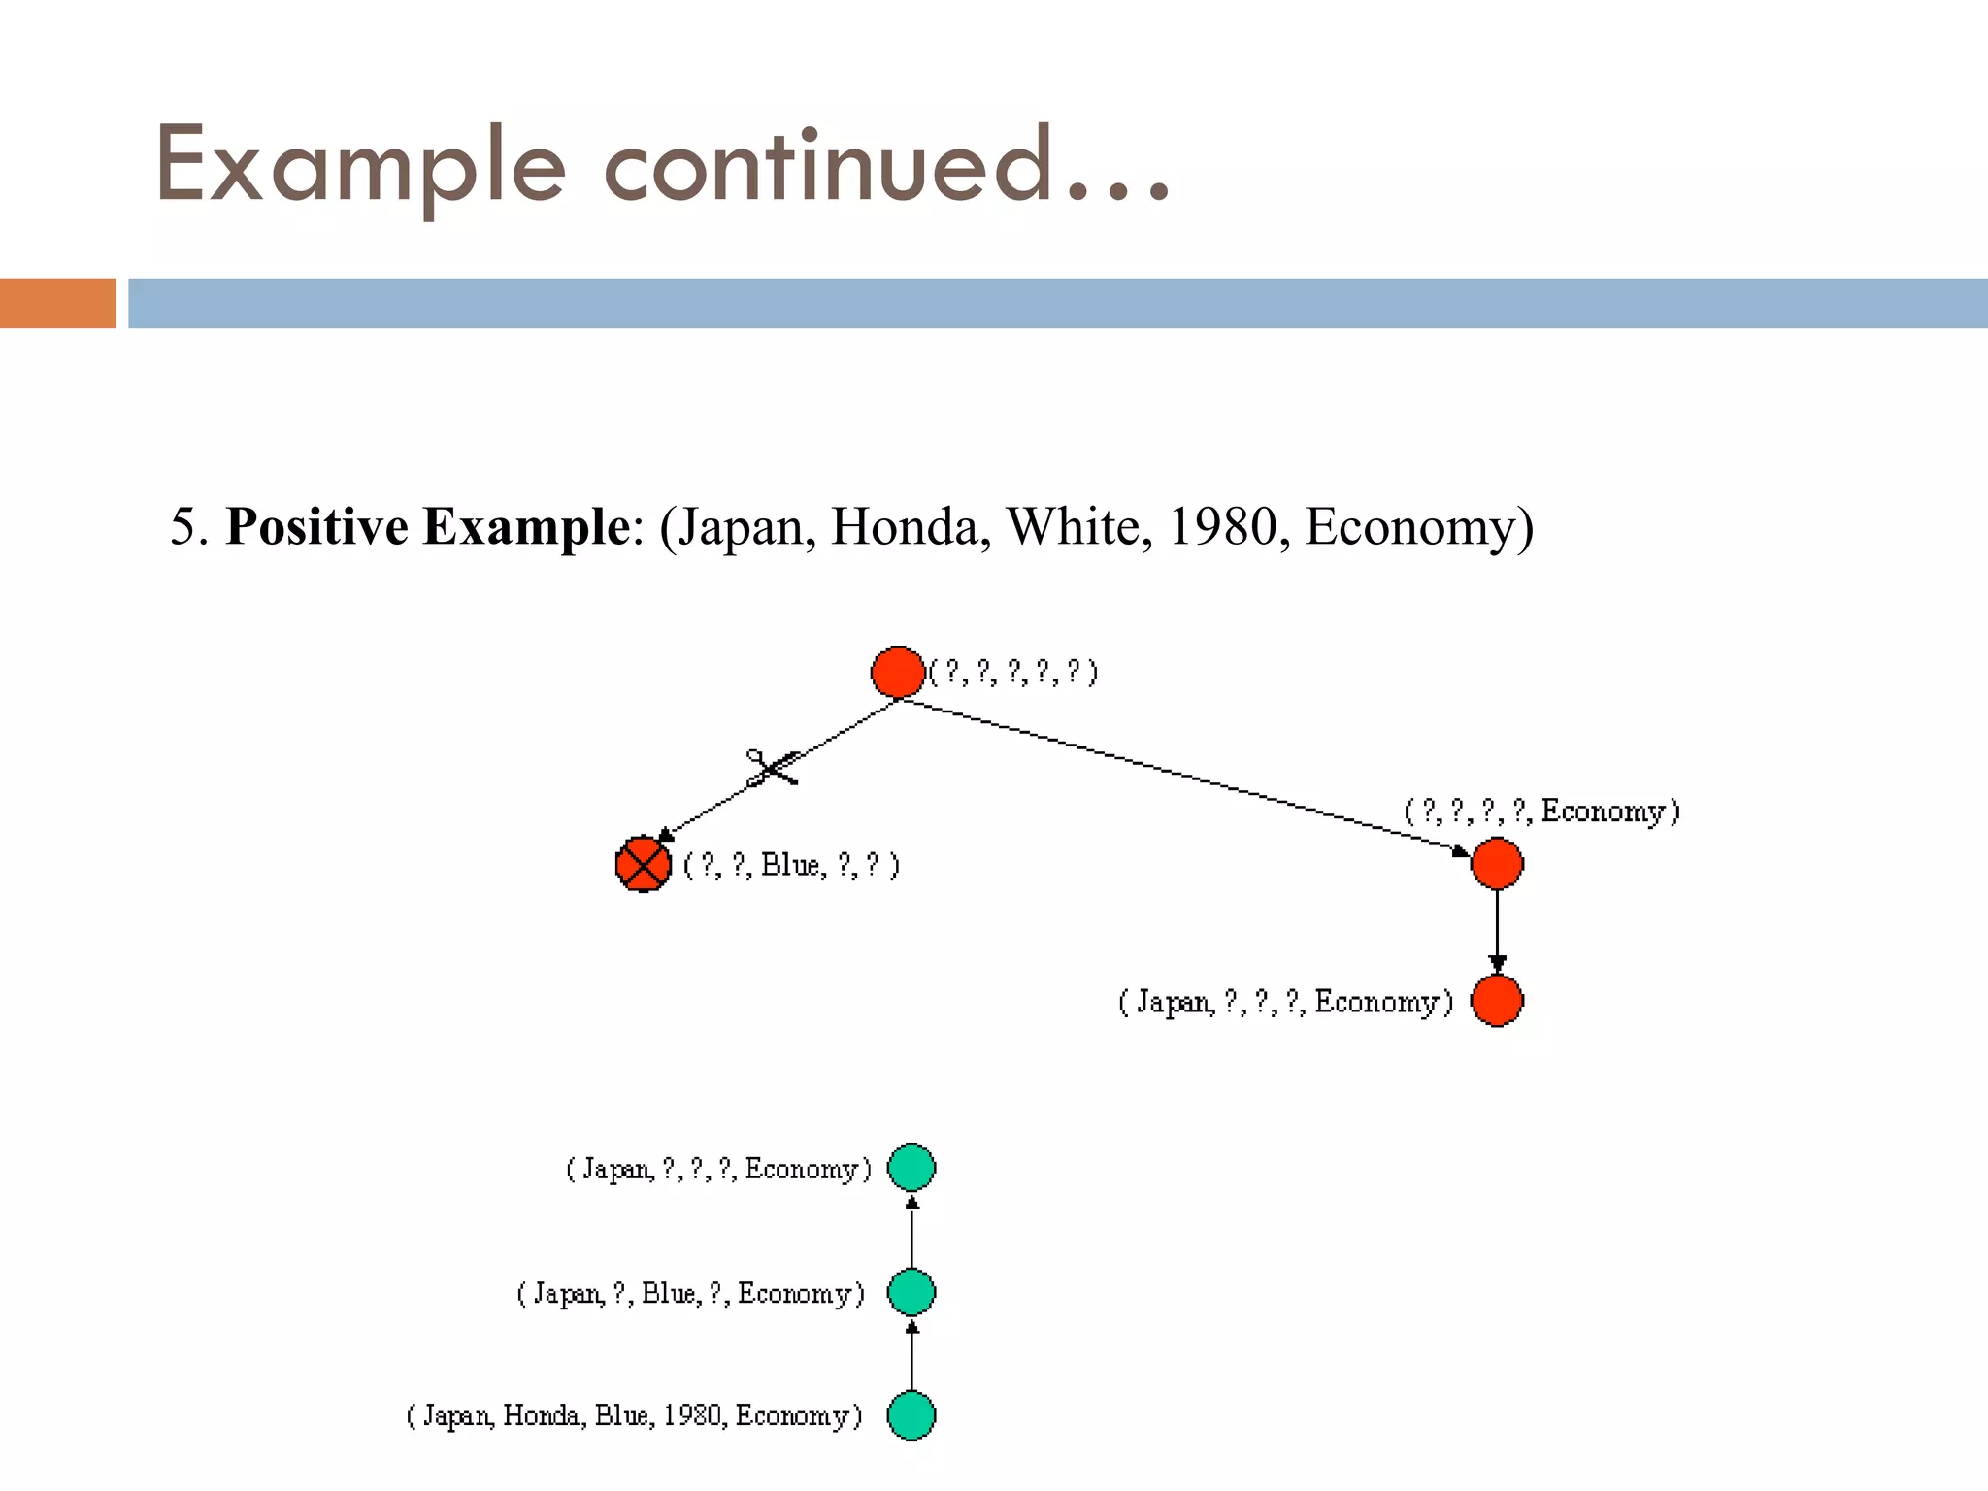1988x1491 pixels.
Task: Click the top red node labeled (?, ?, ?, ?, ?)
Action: tap(898, 672)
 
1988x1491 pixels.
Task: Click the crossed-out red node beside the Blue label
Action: tap(644, 864)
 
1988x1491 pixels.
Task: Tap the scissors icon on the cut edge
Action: tap(772, 768)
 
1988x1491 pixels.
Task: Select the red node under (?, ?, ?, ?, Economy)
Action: tap(1497, 863)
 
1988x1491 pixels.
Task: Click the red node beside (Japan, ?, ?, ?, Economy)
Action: tap(1497, 1001)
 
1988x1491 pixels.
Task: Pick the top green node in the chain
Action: tap(911, 1168)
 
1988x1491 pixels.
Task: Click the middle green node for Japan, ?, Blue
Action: tap(911, 1292)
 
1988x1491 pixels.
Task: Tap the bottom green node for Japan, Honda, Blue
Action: tap(911, 1415)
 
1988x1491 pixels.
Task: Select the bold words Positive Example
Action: tap(427, 527)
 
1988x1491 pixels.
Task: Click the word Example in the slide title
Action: tap(359, 167)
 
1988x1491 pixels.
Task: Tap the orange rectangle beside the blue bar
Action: tap(57, 303)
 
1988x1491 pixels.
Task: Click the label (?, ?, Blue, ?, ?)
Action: tap(792, 865)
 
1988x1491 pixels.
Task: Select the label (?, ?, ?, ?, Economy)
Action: tap(1542, 811)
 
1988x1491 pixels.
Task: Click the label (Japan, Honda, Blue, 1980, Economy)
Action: tap(634, 1416)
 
